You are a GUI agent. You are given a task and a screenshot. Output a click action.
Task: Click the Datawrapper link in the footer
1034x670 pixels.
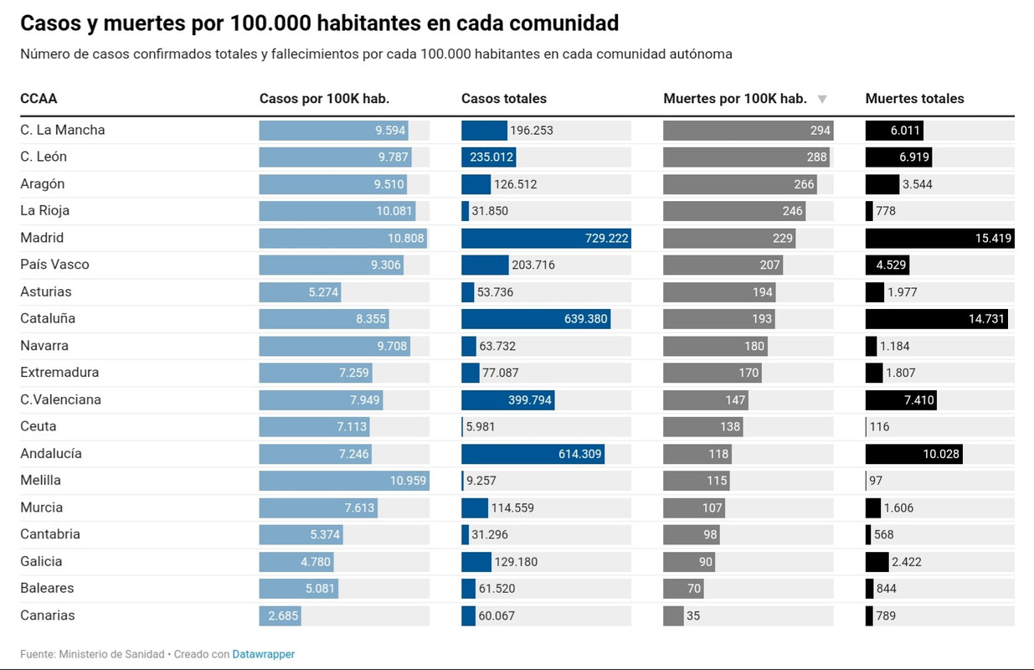click(x=263, y=654)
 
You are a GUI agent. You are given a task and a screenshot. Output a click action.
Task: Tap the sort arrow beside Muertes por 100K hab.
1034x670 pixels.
click(x=822, y=99)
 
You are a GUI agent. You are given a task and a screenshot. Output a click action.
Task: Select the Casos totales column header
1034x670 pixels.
click(x=503, y=99)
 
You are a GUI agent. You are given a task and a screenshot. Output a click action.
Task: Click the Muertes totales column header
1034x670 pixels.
click(x=914, y=99)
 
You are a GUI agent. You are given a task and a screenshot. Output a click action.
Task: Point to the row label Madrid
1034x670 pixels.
click(x=42, y=238)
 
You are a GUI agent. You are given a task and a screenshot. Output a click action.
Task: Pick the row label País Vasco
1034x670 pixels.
click(x=54, y=265)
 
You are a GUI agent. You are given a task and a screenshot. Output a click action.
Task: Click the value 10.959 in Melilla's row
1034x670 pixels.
click(x=409, y=481)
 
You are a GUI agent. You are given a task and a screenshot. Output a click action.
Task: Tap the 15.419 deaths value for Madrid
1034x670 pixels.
click(x=994, y=239)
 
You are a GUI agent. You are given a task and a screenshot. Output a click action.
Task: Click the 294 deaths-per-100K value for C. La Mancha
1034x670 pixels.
click(x=820, y=131)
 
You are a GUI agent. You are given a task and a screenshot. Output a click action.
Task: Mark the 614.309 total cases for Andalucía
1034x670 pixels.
click(x=580, y=454)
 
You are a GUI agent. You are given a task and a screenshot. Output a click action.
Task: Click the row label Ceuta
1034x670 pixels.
click(x=39, y=426)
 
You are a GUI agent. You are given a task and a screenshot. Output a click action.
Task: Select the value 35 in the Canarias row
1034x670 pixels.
click(x=692, y=616)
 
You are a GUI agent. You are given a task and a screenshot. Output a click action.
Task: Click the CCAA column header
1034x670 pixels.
click(x=39, y=99)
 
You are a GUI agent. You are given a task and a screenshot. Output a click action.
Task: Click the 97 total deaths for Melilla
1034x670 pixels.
click(x=876, y=481)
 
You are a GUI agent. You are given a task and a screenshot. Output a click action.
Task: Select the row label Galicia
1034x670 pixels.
click(x=41, y=561)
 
